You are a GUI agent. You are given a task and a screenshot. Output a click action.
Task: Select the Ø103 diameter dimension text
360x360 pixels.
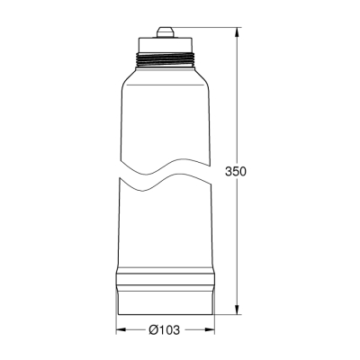[x=164, y=330]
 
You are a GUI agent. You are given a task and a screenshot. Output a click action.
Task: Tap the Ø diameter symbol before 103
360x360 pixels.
[x=152, y=330]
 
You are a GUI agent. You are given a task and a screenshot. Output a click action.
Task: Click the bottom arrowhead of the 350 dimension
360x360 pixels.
[x=238, y=309]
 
